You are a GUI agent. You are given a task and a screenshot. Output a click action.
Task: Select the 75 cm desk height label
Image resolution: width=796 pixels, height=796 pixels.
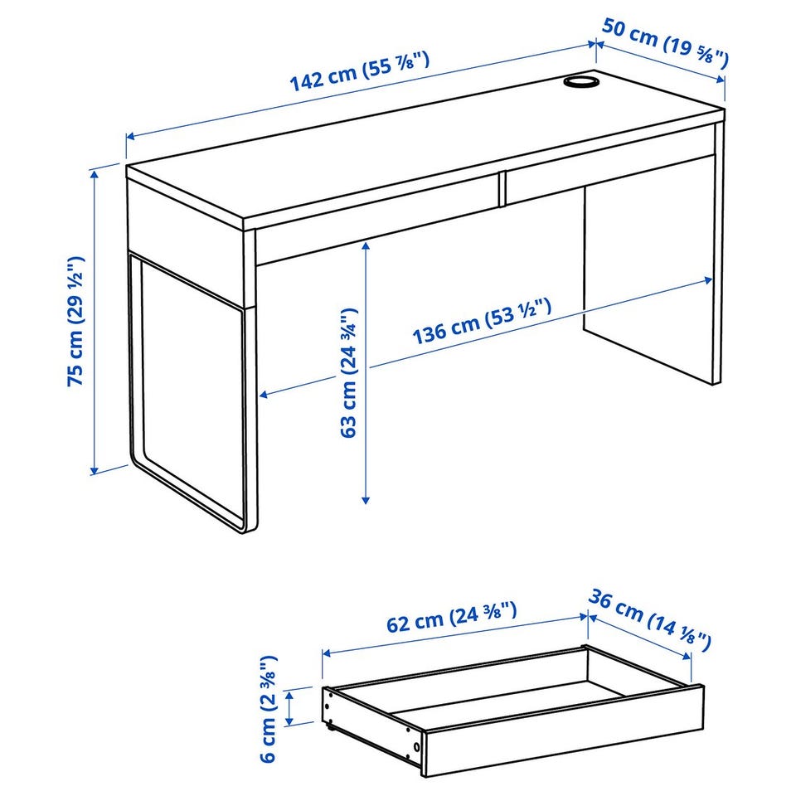75,322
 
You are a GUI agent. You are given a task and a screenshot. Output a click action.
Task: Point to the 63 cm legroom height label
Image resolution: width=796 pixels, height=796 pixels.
349,372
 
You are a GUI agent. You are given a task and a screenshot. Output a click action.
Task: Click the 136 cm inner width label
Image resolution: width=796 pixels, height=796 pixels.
481,322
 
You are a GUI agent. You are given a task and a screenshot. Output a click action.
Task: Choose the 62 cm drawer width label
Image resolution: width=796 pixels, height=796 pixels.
451,616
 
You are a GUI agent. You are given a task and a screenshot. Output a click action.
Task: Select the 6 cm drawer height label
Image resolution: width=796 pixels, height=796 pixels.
269,709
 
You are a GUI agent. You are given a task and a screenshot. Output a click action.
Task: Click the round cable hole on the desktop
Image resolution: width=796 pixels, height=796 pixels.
581,82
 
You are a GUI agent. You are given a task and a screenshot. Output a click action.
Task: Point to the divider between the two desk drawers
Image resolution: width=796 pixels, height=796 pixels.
502,189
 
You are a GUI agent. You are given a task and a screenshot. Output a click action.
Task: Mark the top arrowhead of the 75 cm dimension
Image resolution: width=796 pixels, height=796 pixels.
94,173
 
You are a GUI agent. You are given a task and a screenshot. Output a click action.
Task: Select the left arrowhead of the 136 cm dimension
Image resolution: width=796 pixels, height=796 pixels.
264,394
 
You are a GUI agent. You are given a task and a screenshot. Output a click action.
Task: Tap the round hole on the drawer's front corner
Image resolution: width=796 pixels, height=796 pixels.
416,747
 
